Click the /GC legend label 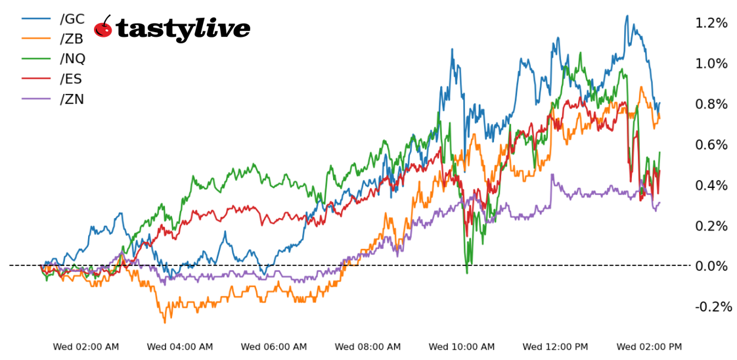[x=72, y=20]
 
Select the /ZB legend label [x=72, y=39]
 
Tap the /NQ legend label [x=72, y=58]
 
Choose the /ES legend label [x=71, y=79]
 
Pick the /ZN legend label [x=72, y=99]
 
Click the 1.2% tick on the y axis [x=711, y=24]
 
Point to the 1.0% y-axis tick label [x=711, y=64]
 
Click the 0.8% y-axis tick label [x=711, y=104]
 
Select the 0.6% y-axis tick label [x=711, y=145]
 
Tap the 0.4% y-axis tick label [x=711, y=186]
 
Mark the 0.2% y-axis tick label [x=711, y=226]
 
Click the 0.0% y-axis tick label [x=711, y=266]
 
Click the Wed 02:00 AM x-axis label [x=86, y=347]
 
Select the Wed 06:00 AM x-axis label [x=274, y=347]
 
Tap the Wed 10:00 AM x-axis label [x=462, y=347]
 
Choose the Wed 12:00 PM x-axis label [x=556, y=347]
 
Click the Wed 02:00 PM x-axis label [x=650, y=347]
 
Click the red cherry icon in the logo [x=103, y=28]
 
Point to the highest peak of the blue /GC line [x=627, y=16]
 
